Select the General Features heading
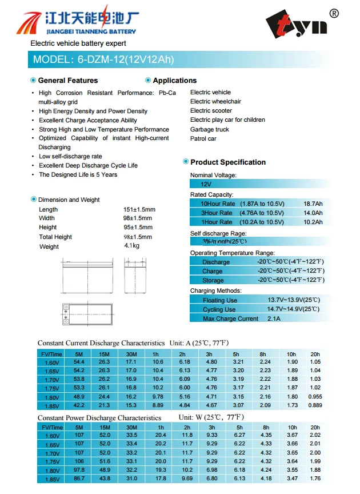point(67,81)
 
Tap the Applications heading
point(174,81)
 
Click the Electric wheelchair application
point(215,102)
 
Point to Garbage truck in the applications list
point(209,129)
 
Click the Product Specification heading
point(227,162)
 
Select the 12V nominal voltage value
point(206,184)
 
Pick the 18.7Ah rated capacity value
point(313,204)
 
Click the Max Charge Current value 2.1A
point(274,318)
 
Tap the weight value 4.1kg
point(131,246)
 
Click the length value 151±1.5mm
point(139,209)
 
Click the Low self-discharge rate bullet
point(70,156)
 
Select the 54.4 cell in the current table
point(79,362)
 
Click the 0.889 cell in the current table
point(315,405)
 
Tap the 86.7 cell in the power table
point(79,478)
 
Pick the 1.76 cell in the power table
point(315,478)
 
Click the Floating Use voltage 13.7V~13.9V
point(293,300)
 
